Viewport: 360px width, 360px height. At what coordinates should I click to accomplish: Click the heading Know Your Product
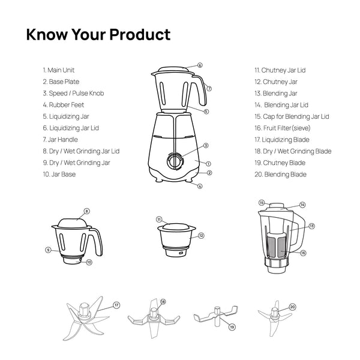(98, 34)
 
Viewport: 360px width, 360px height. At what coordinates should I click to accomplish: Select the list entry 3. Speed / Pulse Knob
(73, 93)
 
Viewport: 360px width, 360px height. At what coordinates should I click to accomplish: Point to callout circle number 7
(209, 88)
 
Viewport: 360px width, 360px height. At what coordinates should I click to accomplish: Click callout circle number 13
(311, 226)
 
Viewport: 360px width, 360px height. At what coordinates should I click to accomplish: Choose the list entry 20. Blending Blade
(280, 174)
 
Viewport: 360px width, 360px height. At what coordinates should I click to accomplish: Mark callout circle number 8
(86, 211)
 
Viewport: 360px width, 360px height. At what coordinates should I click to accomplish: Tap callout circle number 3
(206, 145)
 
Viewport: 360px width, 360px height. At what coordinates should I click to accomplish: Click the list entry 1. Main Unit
(59, 70)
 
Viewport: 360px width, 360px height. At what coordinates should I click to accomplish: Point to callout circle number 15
(262, 203)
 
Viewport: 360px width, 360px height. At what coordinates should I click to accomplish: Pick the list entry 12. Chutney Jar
(275, 82)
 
